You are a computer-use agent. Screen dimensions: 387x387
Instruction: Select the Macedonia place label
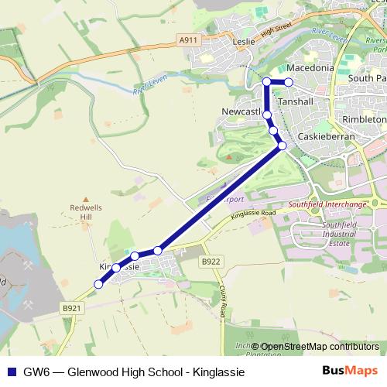[x=310, y=68]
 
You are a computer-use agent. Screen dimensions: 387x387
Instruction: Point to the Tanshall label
[x=295, y=101]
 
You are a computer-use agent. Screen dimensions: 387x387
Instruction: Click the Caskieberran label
[x=325, y=135]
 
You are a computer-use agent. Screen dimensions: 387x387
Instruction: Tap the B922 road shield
[x=209, y=262]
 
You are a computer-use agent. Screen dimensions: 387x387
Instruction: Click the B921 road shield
[x=72, y=307]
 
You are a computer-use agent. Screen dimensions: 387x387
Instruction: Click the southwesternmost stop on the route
[x=98, y=284]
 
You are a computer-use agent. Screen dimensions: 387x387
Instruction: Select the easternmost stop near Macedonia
[x=289, y=81]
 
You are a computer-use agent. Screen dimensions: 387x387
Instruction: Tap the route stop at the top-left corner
[x=266, y=81]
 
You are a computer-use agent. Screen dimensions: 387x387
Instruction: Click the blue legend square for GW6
[x=10, y=372]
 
